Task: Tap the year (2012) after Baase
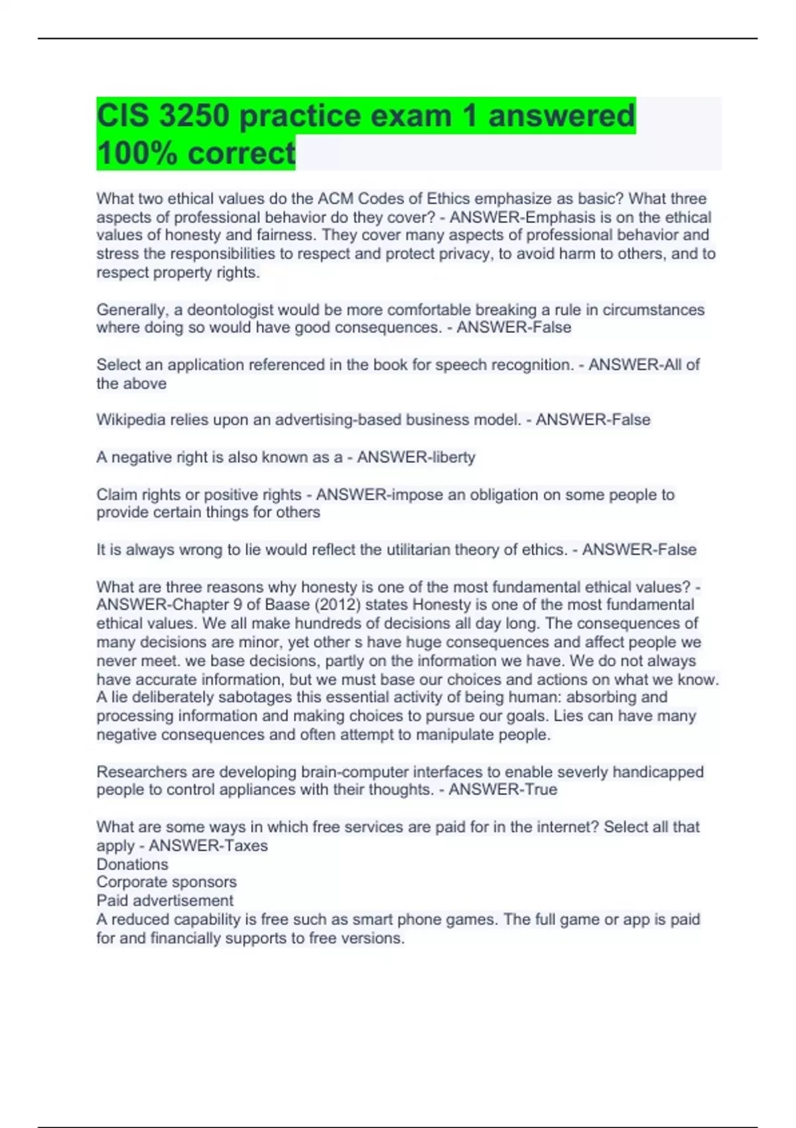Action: [x=337, y=605]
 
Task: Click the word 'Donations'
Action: [x=132, y=864]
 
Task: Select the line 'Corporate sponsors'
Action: [x=166, y=882]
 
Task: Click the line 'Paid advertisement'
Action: [x=165, y=900]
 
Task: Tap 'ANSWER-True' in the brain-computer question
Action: [x=503, y=790]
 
